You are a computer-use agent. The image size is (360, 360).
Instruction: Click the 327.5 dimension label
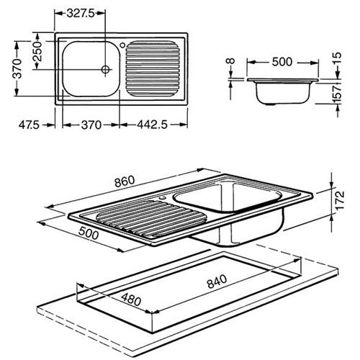[x=81, y=14]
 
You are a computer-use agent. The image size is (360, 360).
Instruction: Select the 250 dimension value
[x=37, y=51]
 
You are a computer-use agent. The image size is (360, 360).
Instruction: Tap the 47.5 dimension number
[x=29, y=125]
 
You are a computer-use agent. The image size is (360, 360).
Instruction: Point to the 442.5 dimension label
[x=152, y=125]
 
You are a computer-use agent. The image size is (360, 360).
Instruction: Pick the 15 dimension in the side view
[x=337, y=58]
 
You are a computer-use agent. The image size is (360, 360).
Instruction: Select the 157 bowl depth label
[x=337, y=92]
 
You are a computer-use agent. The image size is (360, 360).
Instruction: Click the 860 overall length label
[x=125, y=181]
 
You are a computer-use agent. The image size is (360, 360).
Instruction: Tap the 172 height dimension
[x=340, y=201]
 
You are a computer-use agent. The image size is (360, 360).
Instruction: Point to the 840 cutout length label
[x=217, y=282]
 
